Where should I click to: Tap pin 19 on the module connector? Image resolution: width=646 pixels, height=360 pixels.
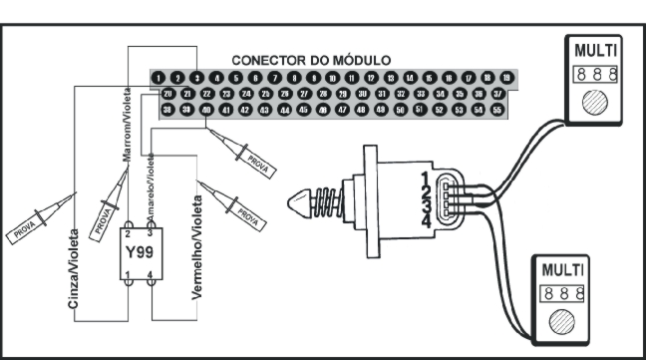click(506, 77)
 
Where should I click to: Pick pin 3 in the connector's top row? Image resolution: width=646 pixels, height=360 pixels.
click(197, 77)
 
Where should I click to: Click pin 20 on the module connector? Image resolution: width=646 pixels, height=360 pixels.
click(168, 93)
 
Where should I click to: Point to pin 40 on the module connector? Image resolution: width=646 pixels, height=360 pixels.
click(206, 110)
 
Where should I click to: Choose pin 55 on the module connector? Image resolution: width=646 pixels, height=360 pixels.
click(496, 110)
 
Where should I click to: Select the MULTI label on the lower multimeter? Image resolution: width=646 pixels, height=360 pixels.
click(558, 270)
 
